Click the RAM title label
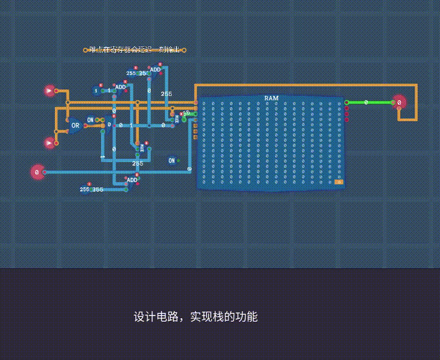pos(271,98)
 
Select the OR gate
pos(75,126)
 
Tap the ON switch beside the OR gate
pos(90,120)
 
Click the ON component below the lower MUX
pos(172,161)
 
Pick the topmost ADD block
pos(155,70)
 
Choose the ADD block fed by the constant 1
pos(120,87)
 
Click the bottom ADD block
pos(132,180)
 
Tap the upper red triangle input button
pos(50,91)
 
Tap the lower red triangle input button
pos(50,143)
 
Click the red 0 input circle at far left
pos(37,172)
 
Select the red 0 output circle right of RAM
pos(398,103)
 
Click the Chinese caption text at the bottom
pos(196,317)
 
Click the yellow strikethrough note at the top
pos(134,50)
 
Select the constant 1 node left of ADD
pos(97,90)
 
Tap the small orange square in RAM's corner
pos(339,182)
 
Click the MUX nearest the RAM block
pos(177,120)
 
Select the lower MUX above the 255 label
pos(142,148)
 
